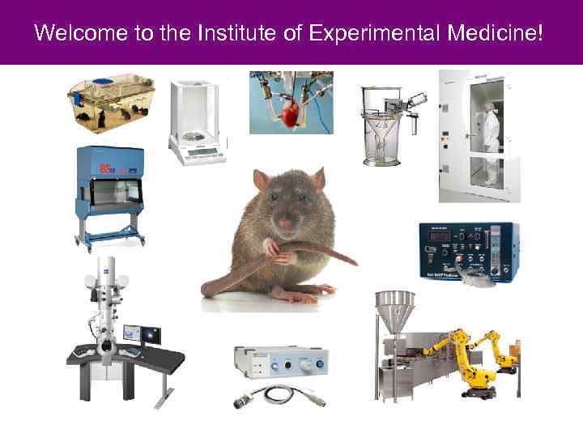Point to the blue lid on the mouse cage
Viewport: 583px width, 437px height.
[x=102, y=81]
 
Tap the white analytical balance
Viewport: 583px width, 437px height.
[x=197, y=121]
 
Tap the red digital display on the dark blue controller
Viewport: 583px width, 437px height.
[x=440, y=238]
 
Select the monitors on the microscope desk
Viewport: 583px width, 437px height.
[x=142, y=334]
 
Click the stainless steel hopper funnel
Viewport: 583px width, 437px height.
[x=395, y=311]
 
